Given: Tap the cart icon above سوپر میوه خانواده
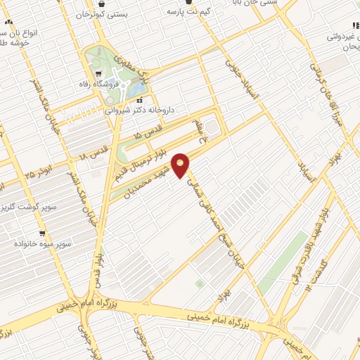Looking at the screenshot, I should pos(42,233).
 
